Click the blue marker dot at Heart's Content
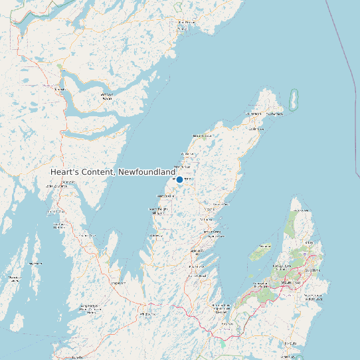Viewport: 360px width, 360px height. coord(179,179)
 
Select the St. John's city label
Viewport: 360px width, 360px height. coord(313,271)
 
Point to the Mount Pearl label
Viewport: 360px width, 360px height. coord(292,283)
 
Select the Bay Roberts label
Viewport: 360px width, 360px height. coord(197,252)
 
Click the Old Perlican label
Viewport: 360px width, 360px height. coord(255,114)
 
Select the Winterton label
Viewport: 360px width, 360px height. coord(186,166)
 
